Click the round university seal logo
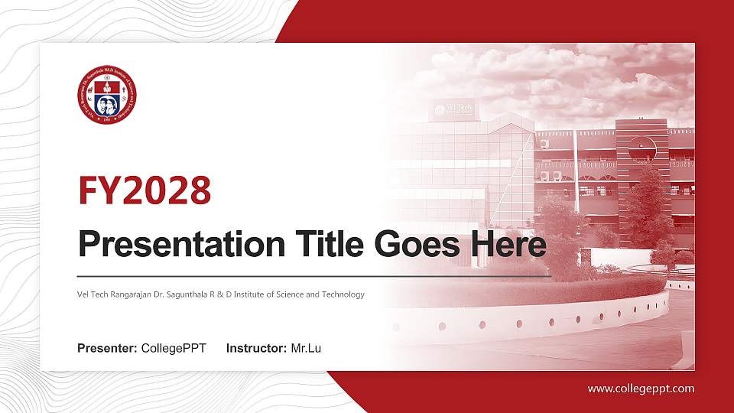coord(108,96)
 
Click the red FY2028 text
coord(145,190)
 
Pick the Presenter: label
coord(107,349)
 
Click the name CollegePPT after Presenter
coord(174,349)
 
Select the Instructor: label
coord(257,349)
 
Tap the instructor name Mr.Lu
coord(306,349)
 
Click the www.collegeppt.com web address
coord(641,389)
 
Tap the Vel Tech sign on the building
coord(451,110)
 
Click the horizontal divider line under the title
coord(313,275)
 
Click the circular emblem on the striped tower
coord(642,147)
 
